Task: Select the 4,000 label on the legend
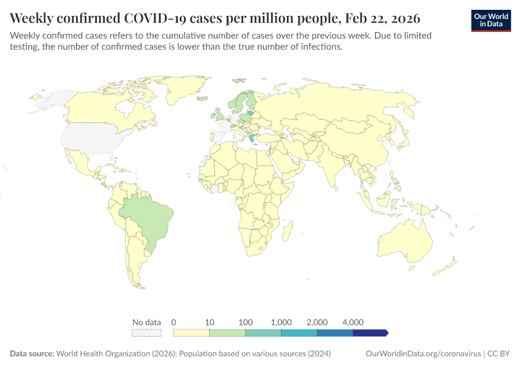coord(353,322)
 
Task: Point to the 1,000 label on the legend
coord(281,322)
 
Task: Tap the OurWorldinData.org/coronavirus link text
coord(422,354)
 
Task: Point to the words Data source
coord(32,354)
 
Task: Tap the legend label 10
coord(210,322)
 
